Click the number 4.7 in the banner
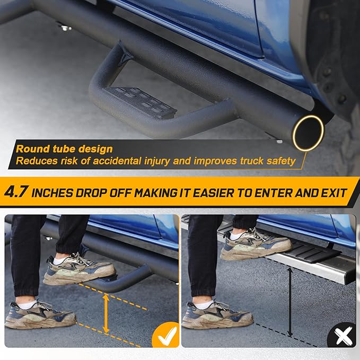tap(17, 192)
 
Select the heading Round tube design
tap(64, 150)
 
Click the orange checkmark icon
tap(165, 335)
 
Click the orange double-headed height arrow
tap(106, 313)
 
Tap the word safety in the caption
tap(280, 160)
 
